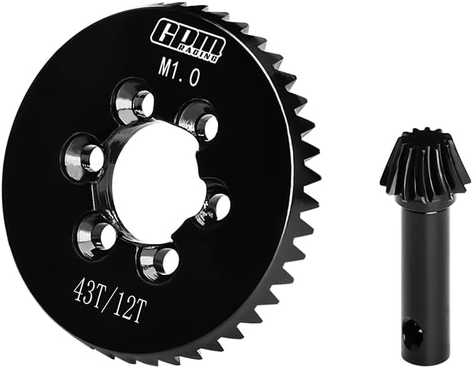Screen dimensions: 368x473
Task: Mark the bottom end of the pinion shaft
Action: tap(416, 356)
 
